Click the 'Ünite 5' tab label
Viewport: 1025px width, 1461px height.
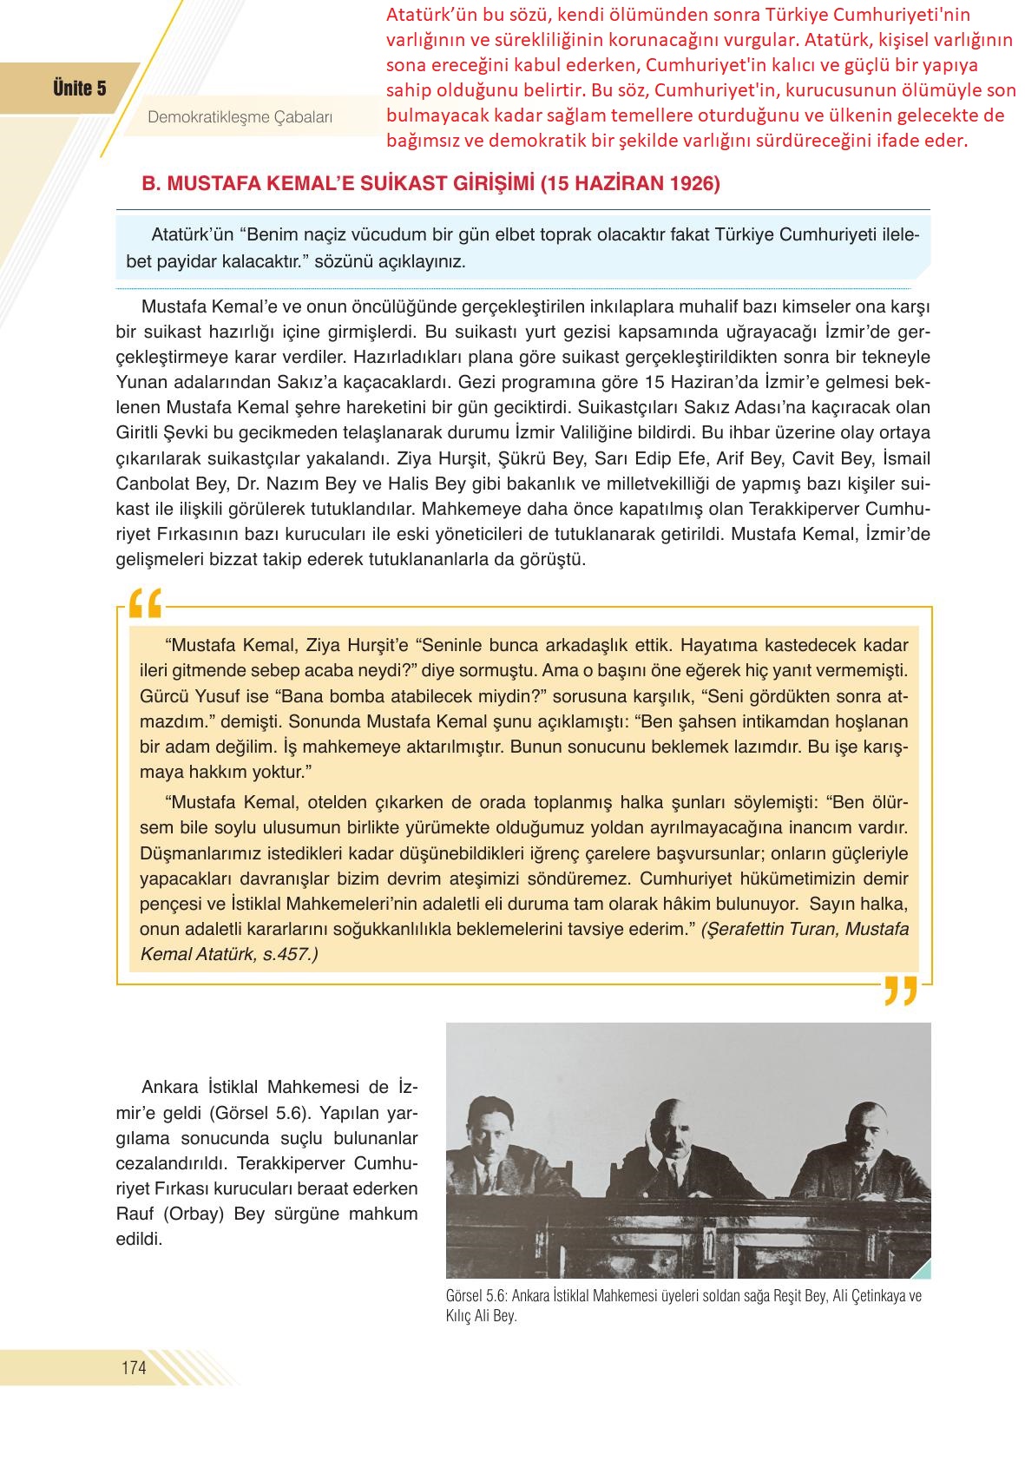pyautogui.click(x=79, y=89)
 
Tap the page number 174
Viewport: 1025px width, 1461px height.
pyautogui.click(x=134, y=1368)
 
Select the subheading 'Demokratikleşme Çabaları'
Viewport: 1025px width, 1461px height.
pyautogui.click(x=240, y=118)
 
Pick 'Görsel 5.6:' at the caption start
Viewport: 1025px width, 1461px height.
pyautogui.click(x=476, y=1296)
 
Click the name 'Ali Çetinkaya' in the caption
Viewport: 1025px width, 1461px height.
pyautogui.click(x=869, y=1296)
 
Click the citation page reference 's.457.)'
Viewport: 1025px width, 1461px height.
pyautogui.click(x=290, y=954)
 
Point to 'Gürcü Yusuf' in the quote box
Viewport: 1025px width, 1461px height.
pyautogui.click(x=182, y=696)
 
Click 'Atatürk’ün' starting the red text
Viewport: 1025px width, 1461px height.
pyautogui.click(x=430, y=15)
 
